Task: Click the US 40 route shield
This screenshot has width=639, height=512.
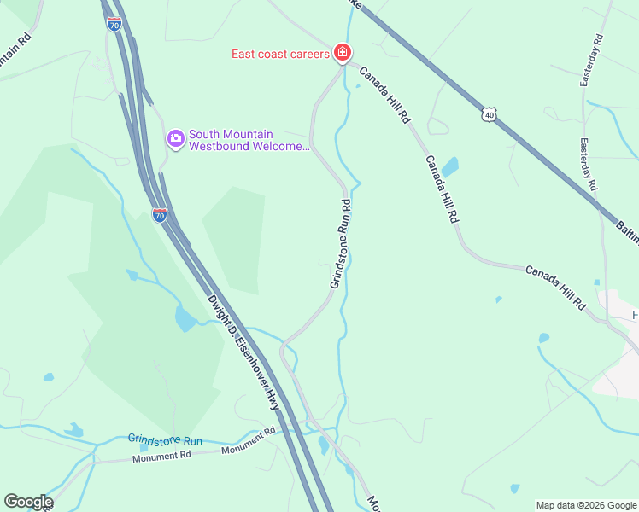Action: click(489, 113)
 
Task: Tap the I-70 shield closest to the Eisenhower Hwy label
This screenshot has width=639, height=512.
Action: click(160, 215)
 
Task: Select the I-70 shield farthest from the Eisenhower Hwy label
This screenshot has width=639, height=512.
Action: click(114, 24)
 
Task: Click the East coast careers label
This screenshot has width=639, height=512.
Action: click(280, 55)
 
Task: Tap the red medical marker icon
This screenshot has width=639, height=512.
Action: click(342, 54)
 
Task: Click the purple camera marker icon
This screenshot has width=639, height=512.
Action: click(176, 138)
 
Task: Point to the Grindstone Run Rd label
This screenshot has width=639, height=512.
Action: click(340, 243)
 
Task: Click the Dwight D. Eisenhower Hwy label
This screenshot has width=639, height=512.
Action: click(243, 352)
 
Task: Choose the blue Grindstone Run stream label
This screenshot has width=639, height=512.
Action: click(165, 440)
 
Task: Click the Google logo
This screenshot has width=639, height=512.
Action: click(28, 502)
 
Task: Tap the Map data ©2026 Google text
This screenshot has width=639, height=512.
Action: click(585, 505)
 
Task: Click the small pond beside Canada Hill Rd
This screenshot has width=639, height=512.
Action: click(449, 166)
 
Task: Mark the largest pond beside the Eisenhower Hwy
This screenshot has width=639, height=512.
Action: click(185, 319)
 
